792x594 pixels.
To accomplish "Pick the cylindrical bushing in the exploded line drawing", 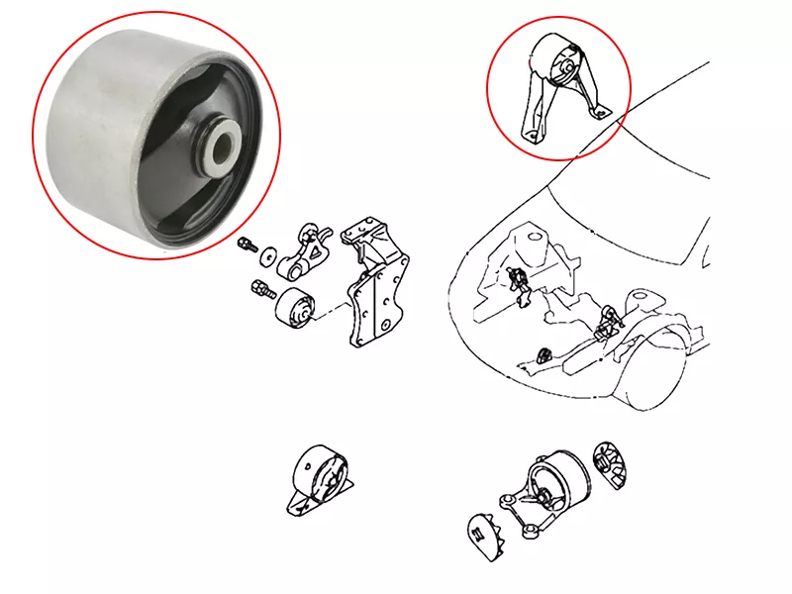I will pyautogui.click(x=293, y=309).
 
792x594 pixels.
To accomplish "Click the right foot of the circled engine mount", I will pyautogui.click(x=601, y=113).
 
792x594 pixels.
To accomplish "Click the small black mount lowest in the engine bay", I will pyautogui.click(x=543, y=354).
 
